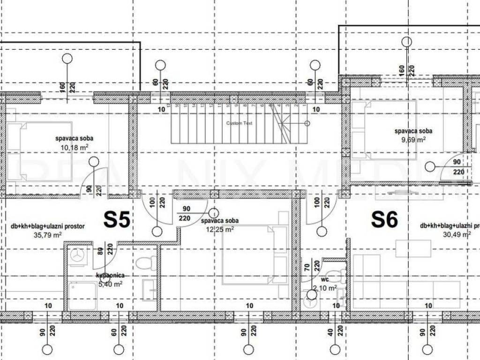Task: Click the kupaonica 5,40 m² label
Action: click(x=109, y=280)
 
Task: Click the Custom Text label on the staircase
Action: click(x=239, y=123)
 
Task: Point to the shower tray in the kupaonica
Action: click(x=82, y=296)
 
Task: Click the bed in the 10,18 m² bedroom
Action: click(x=40, y=151)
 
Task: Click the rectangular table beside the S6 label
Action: click(x=413, y=248)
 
